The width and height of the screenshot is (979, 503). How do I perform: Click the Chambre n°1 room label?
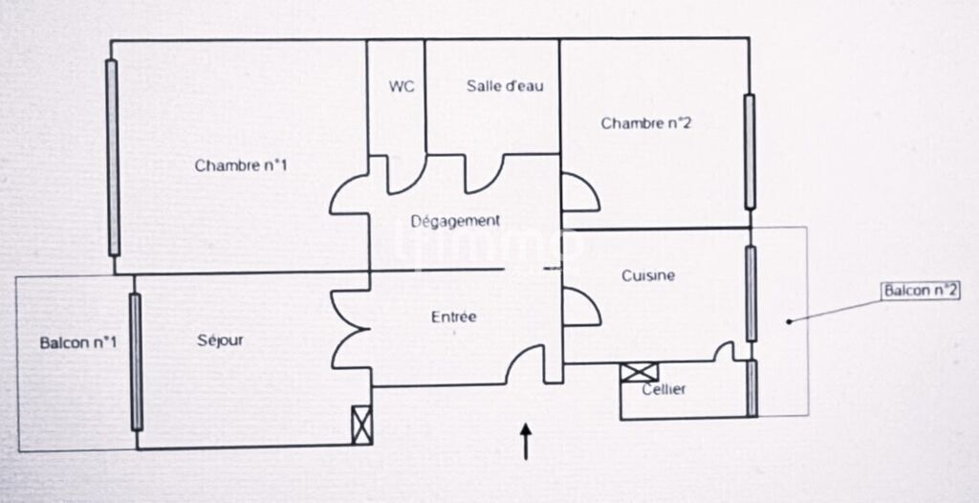pyautogui.click(x=241, y=165)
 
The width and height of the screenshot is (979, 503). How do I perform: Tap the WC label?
pyautogui.click(x=402, y=86)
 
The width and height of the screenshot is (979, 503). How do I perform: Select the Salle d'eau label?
pyautogui.click(x=505, y=86)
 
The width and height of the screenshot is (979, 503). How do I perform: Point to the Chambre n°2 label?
pyautogui.click(x=645, y=123)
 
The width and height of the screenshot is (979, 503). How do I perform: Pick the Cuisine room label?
pyautogui.click(x=648, y=275)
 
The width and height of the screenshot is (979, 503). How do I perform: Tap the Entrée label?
pyautogui.click(x=453, y=317)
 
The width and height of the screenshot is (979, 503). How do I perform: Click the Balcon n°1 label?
pyautogui.click(x=78, y=342)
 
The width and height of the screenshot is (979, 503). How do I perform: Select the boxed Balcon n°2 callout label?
pyautogui.click(x=920, y=291)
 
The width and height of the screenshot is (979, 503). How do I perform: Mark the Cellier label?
pyautogui.click(x=664, y=389)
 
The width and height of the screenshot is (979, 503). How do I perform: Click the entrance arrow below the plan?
pyautogui.click(x=525, y=442)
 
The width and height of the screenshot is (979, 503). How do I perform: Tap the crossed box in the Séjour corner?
pyautogui.click(x=361, y=425)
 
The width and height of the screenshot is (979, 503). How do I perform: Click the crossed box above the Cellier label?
pyautogui.click(x=638, y=373)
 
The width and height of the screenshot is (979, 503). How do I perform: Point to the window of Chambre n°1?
pyautogui.click(x=113, y=158)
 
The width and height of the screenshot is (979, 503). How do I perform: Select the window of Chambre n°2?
pyautogui.click(x=750, y=151)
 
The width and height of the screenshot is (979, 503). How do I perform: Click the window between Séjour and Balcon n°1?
pyautogui.click(x=136, y=361)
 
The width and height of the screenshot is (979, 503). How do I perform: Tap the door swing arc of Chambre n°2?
pyautogui.click(x=580, y=193)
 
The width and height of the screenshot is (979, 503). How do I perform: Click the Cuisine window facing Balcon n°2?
pyautogui.click(x=751, y=294)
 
